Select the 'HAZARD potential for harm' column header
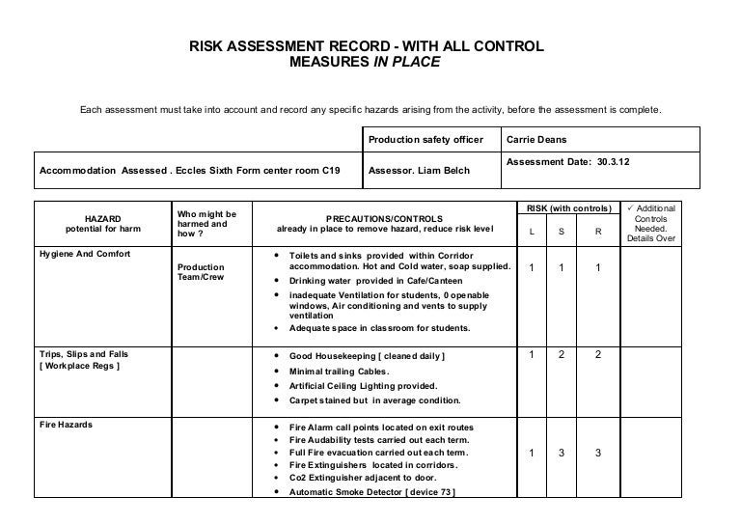point(102,224)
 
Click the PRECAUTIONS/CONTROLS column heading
point(384,224)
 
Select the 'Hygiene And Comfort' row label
point(85,254)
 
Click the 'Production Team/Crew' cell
point(201,272)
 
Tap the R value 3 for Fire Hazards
point(597,453)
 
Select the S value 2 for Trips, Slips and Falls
point(562,355)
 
